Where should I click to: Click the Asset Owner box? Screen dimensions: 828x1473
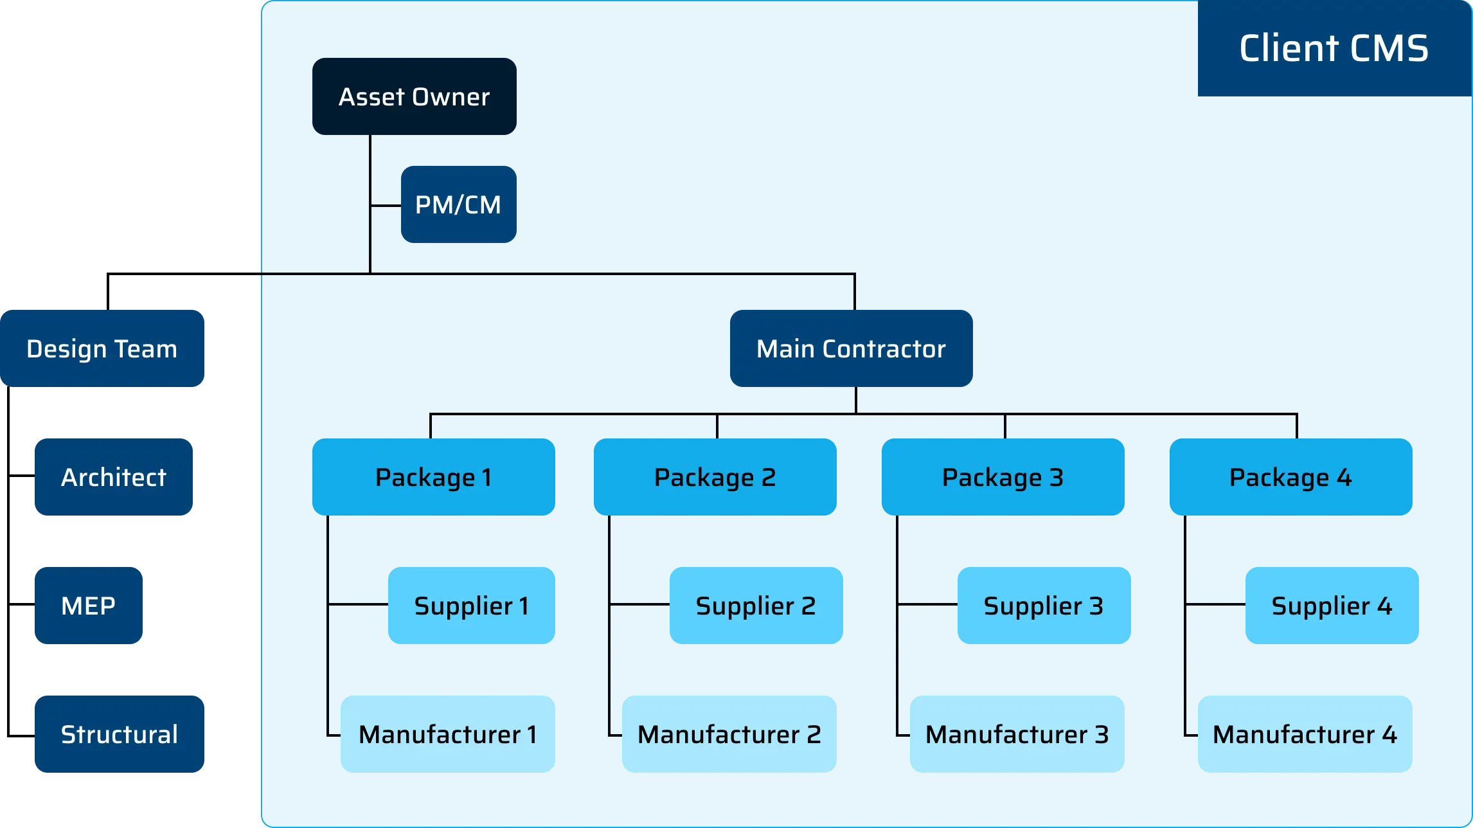point(414,96)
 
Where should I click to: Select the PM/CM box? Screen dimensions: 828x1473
point(458,204)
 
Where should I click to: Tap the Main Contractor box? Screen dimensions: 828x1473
point(851,348)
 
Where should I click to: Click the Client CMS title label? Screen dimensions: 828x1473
point(1334,48)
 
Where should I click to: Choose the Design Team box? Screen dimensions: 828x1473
point(103,348)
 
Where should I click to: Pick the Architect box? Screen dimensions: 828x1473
point(113,477)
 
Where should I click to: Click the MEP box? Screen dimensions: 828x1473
point(88,606)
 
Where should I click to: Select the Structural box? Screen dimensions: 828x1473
point(120,734)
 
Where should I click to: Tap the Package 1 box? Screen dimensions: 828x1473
point(434,477)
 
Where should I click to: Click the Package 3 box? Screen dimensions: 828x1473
point(1003,477)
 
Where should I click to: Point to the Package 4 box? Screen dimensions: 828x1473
point(1290,477)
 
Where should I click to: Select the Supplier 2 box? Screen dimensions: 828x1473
point(756,606)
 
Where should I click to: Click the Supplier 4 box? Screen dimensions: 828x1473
point(1332,606)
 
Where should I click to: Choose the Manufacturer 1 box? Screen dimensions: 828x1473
point(448,734)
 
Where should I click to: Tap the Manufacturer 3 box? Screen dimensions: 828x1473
point(1017,734)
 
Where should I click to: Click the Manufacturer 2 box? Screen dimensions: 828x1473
point(729,734)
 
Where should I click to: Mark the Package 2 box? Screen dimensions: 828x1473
point(715,477)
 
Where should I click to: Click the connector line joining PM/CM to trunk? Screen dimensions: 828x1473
point(386,206)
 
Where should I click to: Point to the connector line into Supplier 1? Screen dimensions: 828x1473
point(358,604)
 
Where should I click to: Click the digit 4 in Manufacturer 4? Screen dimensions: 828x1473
point(1389,734)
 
